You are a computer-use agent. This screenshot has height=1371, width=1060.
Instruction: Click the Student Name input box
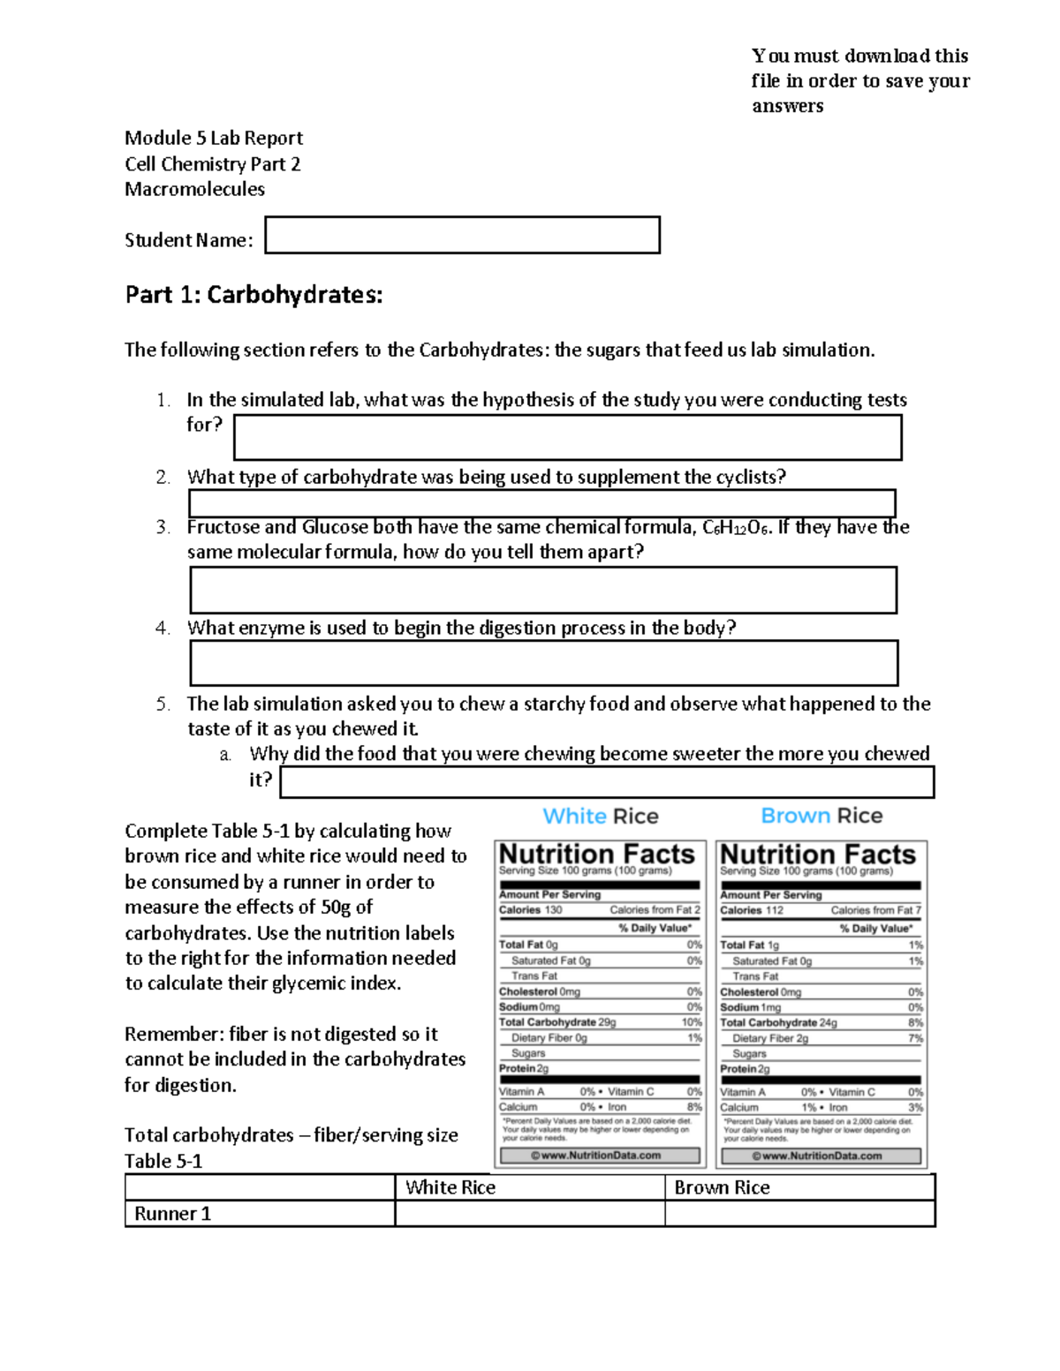coord(462,235)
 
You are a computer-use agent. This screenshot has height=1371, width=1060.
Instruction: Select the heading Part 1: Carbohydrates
coord(254,295)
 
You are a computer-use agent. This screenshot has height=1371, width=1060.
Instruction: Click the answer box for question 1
coord(567,438)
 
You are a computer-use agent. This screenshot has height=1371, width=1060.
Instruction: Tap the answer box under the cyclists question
coord(541,503)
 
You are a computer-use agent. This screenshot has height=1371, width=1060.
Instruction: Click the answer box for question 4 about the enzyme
coord(543,663)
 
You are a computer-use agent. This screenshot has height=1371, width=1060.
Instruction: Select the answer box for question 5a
coord(607,782)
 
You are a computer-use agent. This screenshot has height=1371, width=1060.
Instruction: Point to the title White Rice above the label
coord(600,816)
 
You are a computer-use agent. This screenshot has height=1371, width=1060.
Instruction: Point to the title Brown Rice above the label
coord(821,816)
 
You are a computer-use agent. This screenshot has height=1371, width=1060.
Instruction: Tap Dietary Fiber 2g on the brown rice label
coord(770,1038)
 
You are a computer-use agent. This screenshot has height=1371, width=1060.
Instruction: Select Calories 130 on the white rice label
coord(530,910)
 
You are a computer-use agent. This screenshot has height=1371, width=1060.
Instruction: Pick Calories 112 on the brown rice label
coord(751,910)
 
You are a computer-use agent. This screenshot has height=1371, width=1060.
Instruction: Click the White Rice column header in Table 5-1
coord(450,1187)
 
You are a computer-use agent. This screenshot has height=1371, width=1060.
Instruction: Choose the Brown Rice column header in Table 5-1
coord(722,1187)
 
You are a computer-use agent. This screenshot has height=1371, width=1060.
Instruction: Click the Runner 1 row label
coord(173,1214)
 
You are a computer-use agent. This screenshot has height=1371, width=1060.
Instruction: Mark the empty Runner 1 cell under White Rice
coord(529,1214)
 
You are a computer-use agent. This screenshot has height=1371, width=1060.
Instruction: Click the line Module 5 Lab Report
coord(214,138)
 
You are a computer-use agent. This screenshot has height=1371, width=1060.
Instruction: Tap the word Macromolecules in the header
coord(194,189)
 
